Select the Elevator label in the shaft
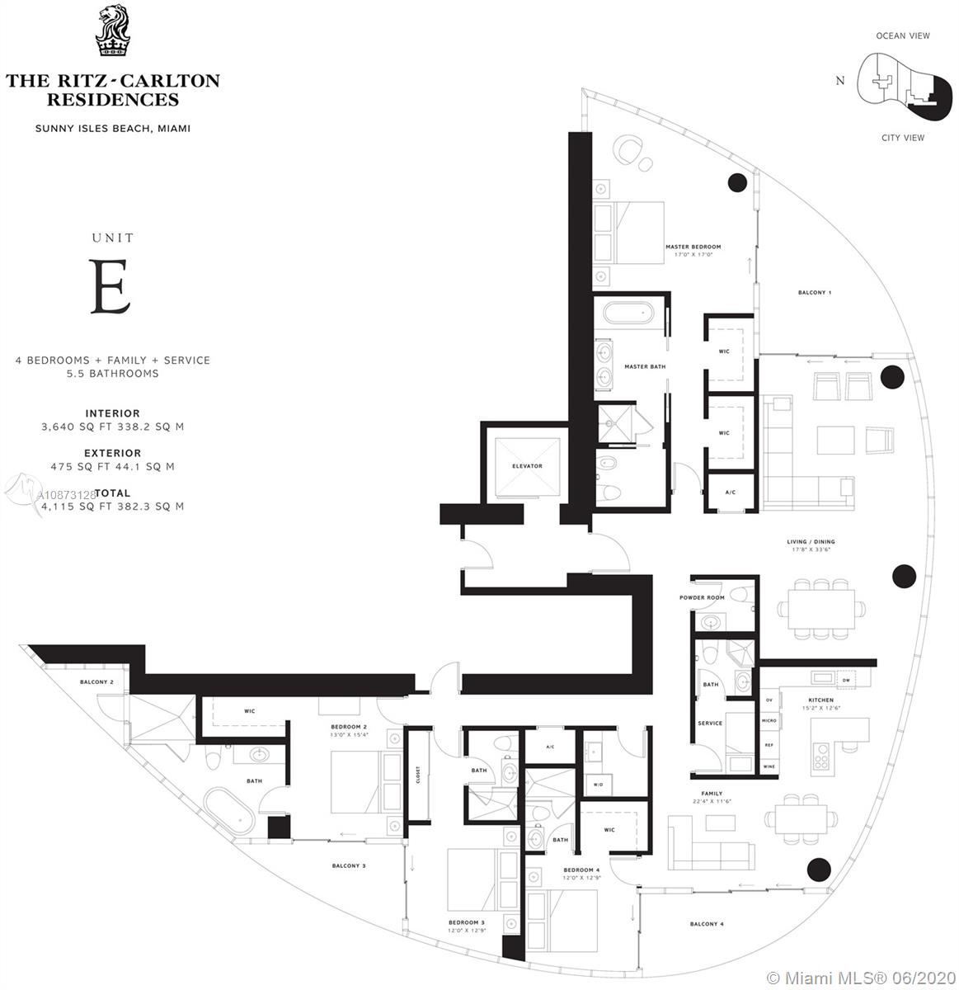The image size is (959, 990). [x=526, y=466]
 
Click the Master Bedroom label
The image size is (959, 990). [x=693, y=247]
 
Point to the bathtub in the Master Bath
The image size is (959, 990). [x=628, y=314]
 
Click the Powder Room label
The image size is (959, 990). [x=702, y=597]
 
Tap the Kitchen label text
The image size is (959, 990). [x=820, y=700]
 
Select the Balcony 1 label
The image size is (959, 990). [x=815, y=293]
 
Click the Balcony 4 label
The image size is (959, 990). [x=706, y=924]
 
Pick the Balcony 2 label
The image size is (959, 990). [x=96, y=682]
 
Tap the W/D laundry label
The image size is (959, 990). [x=598, y=785]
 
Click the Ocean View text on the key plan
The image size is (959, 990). [x=902, y=35]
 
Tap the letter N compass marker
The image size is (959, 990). [x=840, y=80]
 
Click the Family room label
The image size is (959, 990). [x=711, y=794]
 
